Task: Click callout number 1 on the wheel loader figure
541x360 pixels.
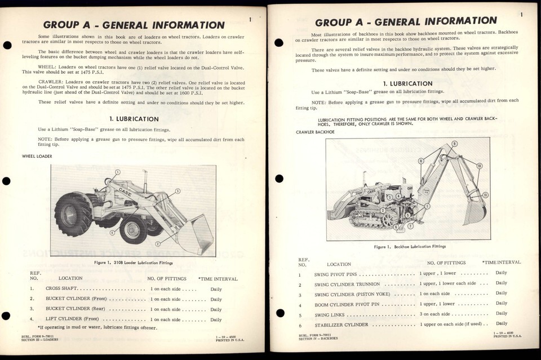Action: coord(118,172)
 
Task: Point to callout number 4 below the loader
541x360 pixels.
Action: coord(112,232)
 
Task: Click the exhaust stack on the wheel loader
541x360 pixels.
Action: coord(106,181)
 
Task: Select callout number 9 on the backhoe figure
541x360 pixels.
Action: coord(455,144)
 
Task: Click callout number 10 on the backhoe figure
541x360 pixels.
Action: coord(479,166)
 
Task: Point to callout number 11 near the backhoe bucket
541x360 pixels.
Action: coord(485,195)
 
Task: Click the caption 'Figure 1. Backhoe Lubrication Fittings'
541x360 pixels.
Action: coord(409,247)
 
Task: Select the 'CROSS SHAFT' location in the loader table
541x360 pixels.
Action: coord(63,288)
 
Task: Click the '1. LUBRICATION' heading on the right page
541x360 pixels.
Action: coord(409,83)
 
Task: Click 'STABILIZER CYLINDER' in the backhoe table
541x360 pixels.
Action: coord(342,325)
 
